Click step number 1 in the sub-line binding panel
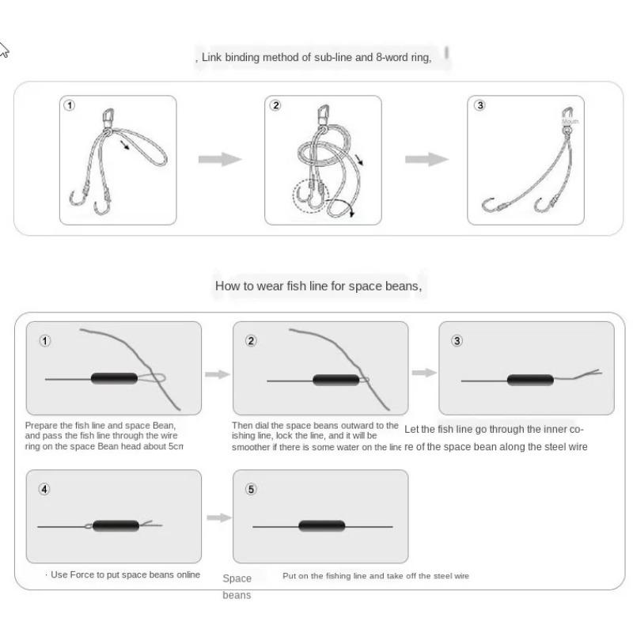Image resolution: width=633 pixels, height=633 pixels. [x=70, y=106]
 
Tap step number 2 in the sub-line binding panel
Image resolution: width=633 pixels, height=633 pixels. [x=275, y=106]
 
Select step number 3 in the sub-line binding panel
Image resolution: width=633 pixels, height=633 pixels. [x=479, y=106]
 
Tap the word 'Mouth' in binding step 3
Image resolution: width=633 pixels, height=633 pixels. [x=571, y=121]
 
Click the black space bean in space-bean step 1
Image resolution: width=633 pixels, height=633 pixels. [x=114, y=378]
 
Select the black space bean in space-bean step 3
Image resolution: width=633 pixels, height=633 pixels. [x=530, y=380]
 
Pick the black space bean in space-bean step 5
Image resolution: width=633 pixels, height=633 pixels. [x=321, y=526]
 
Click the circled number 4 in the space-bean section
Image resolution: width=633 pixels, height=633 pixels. [x=44, y=489]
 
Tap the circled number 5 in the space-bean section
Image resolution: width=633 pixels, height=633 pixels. [x=251, y=489]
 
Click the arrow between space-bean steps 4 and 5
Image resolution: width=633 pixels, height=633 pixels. [x=218, y=517]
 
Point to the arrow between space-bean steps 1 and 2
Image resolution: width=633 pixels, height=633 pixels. [x=217, y=373]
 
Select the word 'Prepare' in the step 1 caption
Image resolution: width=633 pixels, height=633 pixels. [x=42, y=426]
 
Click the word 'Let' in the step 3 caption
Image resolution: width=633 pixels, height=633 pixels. [x=411, y=430]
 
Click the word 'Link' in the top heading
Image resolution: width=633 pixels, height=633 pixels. [x=212, y=58]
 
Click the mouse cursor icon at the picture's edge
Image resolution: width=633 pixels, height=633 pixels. [x=3, y=50]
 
